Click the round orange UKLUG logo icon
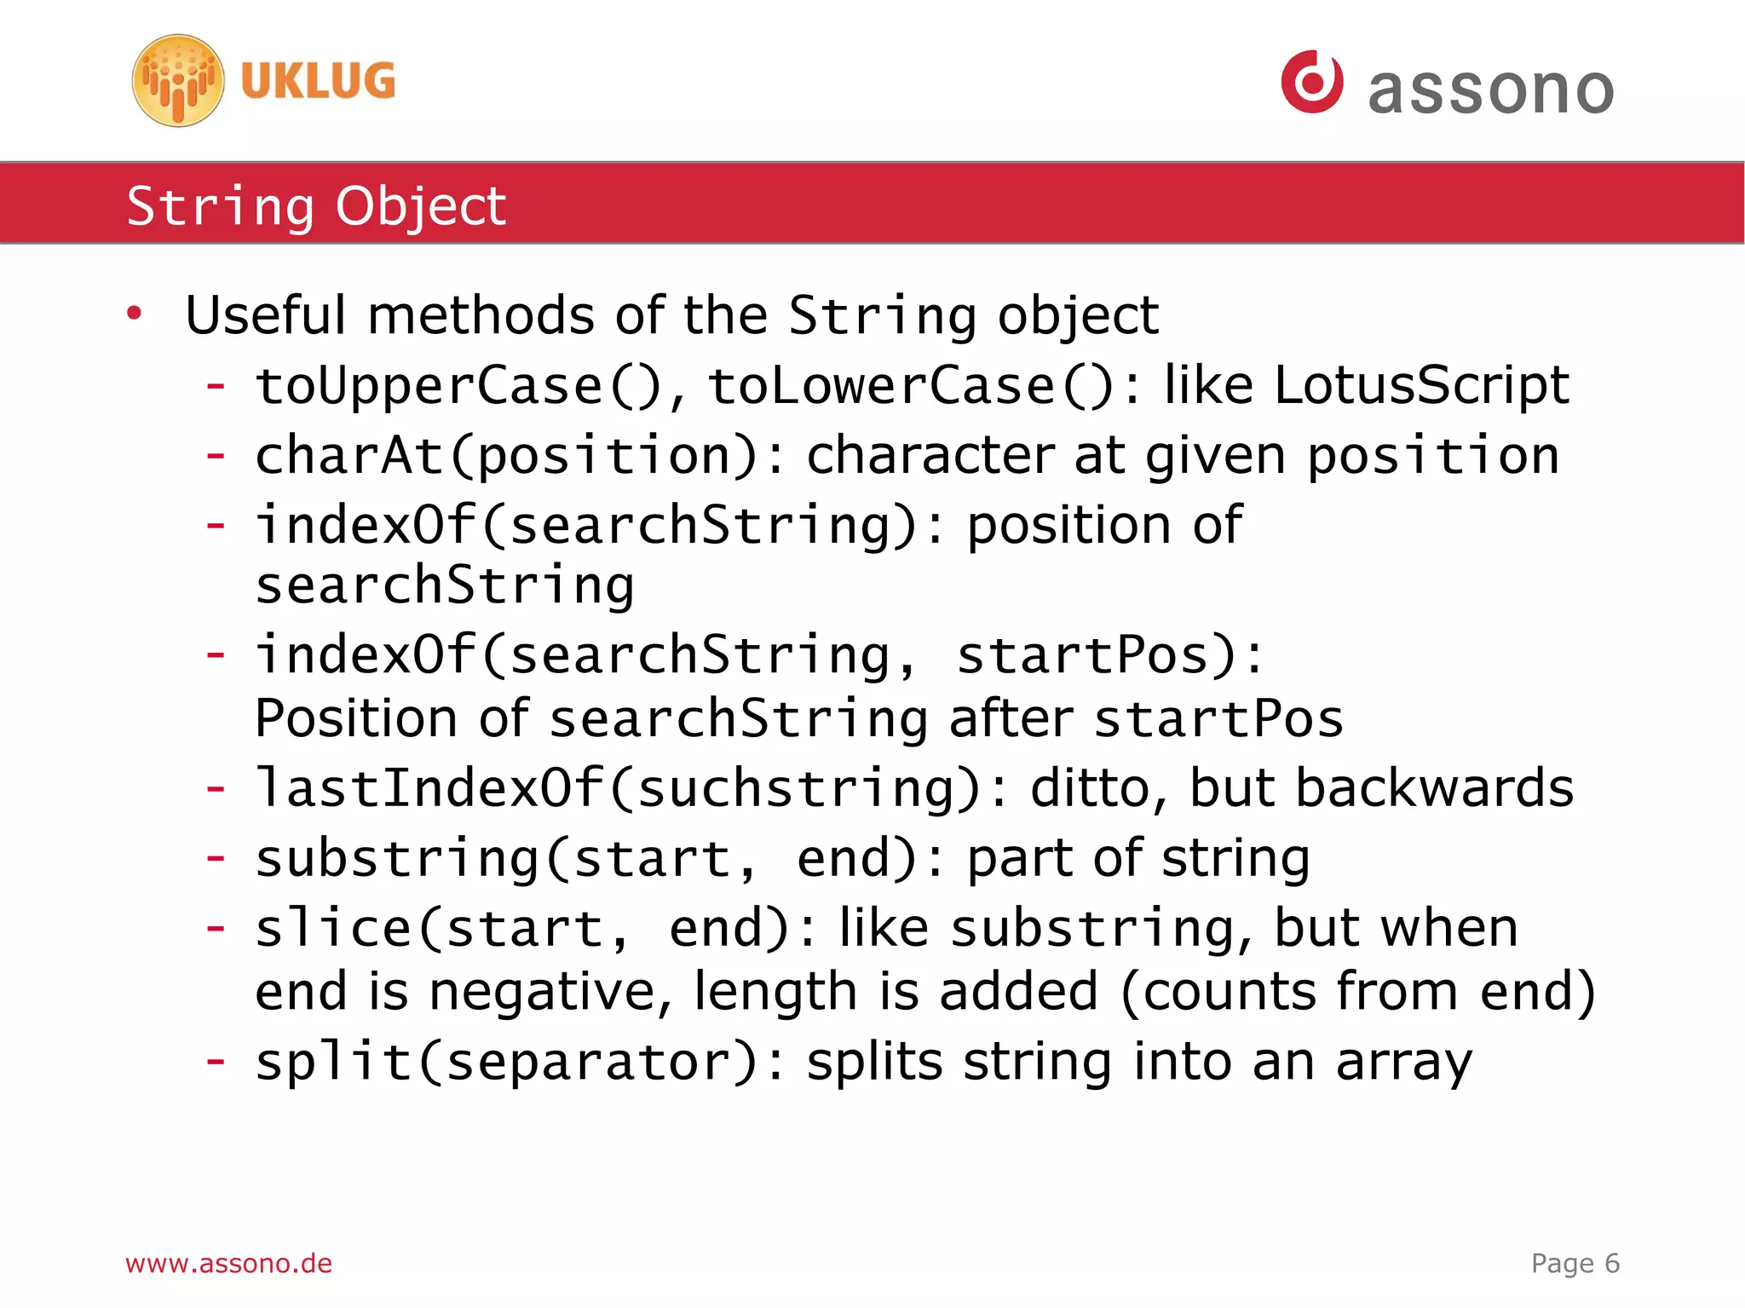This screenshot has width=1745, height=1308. tap(178, 81)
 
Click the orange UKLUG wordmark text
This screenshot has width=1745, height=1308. tap(318, 82)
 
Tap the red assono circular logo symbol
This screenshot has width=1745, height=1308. tap(1312, 82)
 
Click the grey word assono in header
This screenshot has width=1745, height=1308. tap(1490, 90)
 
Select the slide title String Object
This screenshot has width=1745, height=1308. tap(316, 205)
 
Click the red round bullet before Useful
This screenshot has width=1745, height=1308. tap(134, 314)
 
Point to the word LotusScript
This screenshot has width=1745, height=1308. tap(1421, 385)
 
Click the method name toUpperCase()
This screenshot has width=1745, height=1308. tap(458, 386)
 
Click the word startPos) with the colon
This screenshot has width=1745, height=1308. tap(1110, 655)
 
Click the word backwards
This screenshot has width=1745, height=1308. tap(1434, 787)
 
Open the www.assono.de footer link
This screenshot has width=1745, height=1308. tap(228, 1263)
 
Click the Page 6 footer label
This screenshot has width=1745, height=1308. tap(1575, 1263)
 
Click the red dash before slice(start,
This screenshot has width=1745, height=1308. tap(216, 927)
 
